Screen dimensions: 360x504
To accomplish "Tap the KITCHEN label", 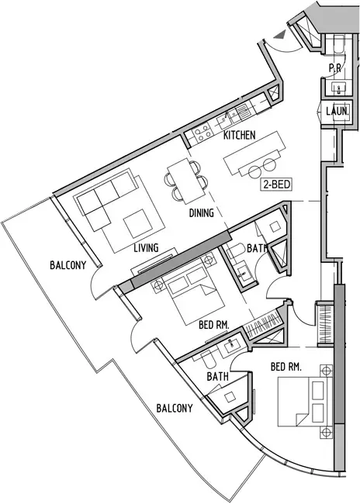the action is click(240, 135).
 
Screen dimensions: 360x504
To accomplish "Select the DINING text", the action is click(202, 212).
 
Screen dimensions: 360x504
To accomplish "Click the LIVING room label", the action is click(147, 248).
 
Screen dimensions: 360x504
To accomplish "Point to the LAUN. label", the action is click(337, 112).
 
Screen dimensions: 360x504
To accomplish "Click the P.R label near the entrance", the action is click(335, 67).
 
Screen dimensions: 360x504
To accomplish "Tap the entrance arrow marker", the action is click(279, 35).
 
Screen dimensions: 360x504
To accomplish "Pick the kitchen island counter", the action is click(255, 153).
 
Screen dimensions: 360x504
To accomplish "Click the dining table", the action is click(186, 181).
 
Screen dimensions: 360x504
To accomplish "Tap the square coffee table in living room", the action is click(137, 223).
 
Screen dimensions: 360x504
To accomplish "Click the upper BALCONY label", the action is click(67, 265).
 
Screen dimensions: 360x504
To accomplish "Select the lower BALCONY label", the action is click(175, 408).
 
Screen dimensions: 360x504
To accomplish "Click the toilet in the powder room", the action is click(339, 44).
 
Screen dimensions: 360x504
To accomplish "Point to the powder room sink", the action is click(339, 88).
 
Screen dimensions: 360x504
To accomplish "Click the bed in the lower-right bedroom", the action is click(305, 402).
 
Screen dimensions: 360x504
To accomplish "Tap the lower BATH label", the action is click(218, 376).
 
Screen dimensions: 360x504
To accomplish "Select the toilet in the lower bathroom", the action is click(209, 361).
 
